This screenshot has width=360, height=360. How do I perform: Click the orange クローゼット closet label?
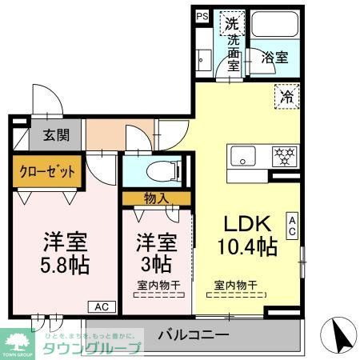46,170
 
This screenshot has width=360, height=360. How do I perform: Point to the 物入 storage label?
157,197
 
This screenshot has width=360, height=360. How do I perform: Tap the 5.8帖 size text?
66,263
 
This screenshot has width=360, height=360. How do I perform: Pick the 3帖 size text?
155,263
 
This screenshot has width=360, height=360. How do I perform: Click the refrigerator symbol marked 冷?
286,97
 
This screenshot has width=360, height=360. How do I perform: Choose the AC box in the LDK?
293,226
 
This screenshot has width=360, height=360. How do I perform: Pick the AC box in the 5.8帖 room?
102,306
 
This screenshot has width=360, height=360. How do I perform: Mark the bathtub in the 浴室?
274,26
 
